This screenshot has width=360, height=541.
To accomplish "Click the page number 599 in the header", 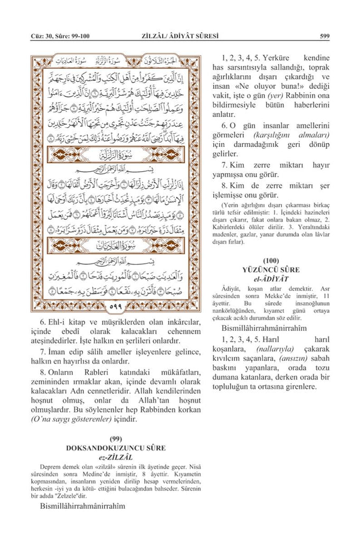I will click(325, 36).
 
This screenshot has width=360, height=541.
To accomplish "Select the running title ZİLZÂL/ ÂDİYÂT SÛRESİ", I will click(180, 36).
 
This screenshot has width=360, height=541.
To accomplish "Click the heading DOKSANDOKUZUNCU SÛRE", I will click(116, 447).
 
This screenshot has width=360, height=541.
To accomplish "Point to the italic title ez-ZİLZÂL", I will click(116, 456).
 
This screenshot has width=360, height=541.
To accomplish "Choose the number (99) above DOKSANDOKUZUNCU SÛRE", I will click(116, 439).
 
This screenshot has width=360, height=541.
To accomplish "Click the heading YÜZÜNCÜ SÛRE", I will click(271, 269).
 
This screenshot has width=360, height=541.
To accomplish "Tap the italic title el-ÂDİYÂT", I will click(271, 278).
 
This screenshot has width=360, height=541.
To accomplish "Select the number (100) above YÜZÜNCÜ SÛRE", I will click(271, 260).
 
